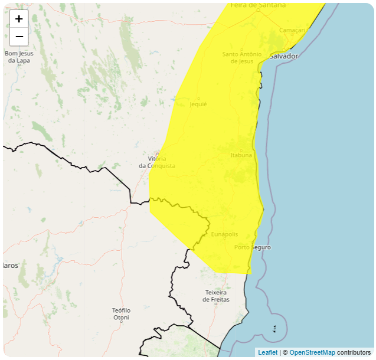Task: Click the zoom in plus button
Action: pyautogui.click(x=19, y=18)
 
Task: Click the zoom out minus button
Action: pyautogui.click(x=19, y=37)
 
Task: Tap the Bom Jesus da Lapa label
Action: pyautogui.click(x=19, y=57)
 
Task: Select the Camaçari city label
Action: pyautogui.click(x=292, y=30)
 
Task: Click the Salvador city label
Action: pyautogui.click(x=284, y=56)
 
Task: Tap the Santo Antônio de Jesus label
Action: pyautogui.click(x=242, y=57)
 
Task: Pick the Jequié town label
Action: pyautogui.click(x=198, y=104)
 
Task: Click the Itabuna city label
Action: pyautogui.click(x=241, y=155)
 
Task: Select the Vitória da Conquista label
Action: pyautogui.click(x=157, y=162)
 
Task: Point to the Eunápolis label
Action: pyautogui.click(x=224, y=234)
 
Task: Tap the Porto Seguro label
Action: pyautogui.click(x=253, y=247)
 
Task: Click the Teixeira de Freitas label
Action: pyautogui.click(x=217, y=296)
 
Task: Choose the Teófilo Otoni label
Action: pyautogui.click(x=121, y=314)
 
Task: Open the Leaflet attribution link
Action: pyautogui.click(x=267, y=352)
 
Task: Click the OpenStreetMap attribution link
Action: pyautogui.click(x=312, y=352)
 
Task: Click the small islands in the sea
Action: pyautogui.click(x=274, y=328)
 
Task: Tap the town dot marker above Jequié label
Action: pyautogui.click(x=198, y=98)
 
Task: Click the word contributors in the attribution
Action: pyautogui.click(x=354, y=352)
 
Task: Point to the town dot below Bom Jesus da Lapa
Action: pyautogui.click(x=19, y=64)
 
